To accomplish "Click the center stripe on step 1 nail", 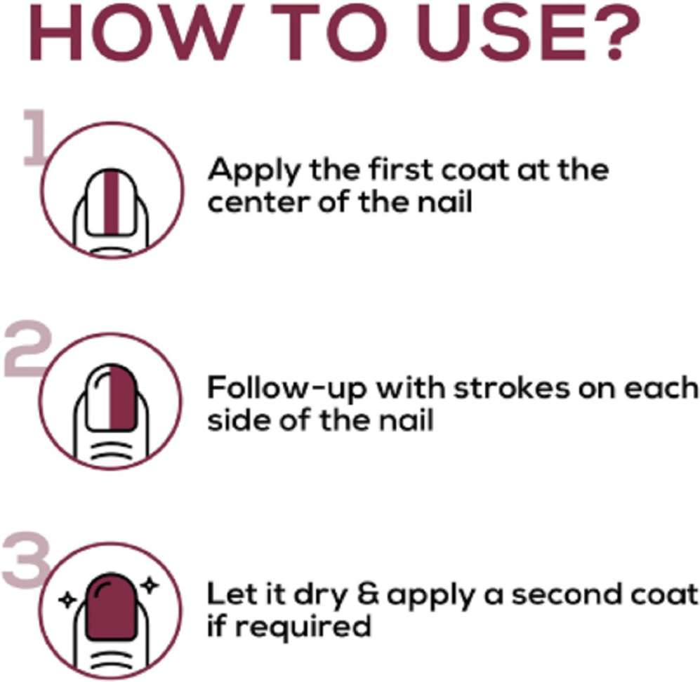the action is point(112,202).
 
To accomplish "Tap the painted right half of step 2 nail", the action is point(122,398).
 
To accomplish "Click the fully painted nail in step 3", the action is point(111,608).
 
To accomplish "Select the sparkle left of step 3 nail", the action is point(68,600).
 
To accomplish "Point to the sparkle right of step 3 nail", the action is point(150,584).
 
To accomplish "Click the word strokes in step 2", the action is point(512,387).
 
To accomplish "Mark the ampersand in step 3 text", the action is point(369,595).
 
